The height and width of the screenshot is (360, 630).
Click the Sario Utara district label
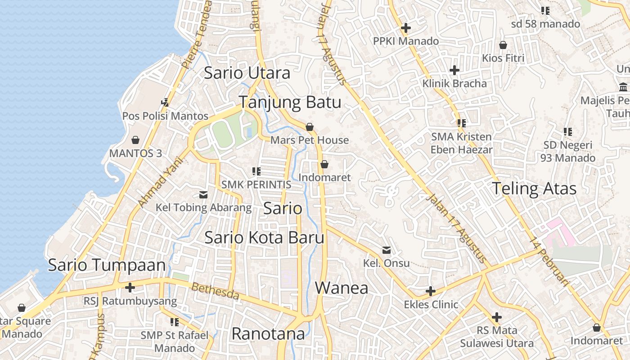247,73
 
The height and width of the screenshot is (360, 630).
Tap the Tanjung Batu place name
290,102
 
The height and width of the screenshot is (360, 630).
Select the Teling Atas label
534,189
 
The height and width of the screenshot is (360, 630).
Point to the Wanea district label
342,288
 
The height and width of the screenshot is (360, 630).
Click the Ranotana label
268,334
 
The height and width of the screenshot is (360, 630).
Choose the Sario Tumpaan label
107,265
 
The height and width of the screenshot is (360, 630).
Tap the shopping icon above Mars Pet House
309,127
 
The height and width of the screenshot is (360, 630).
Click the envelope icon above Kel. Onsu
387,250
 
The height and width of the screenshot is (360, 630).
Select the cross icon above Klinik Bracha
454,70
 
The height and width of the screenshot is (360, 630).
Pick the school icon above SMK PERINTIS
256,171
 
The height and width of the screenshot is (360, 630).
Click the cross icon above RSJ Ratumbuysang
130,287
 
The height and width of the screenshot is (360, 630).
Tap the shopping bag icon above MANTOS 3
135,140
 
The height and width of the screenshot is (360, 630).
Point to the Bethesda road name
215,292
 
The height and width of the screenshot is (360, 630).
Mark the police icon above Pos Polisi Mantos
165,103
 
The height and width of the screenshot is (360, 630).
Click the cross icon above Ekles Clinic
431,291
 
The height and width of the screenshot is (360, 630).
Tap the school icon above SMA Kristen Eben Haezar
461,123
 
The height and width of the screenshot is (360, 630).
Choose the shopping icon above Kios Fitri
503,45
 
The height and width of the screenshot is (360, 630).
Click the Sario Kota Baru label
264,238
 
